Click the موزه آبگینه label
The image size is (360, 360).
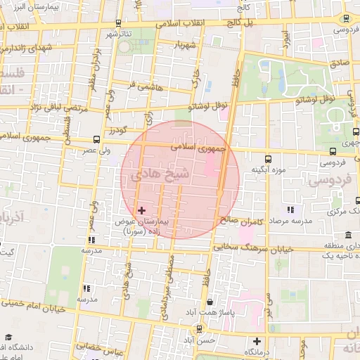pyautogui.click(x=268, y=170)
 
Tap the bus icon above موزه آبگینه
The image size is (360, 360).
pyautogui.click(x=268, y=159)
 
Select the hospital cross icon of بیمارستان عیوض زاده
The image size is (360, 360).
pyautogui.click(x=141, y=210)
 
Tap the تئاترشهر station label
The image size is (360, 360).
pyautogui.click(x=120, y=34)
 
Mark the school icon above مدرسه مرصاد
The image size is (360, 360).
pyautogui.click(x=290, y=209)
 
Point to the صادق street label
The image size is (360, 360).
pyautogui.click(x=339, y=63)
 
